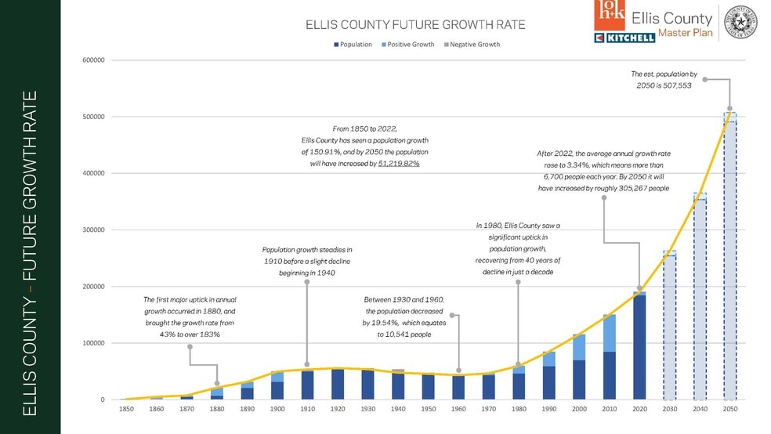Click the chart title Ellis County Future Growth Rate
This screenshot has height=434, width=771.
click(x=414, y=25)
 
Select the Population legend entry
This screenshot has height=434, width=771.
click(x=353, y=45)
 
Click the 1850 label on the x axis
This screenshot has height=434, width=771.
click(x=127, y=410)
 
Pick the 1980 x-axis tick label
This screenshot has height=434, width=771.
click(x=518, y=410)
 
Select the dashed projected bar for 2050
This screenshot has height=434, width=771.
click(x=729, y=259)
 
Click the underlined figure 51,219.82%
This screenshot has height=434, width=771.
click(x=399, y=164)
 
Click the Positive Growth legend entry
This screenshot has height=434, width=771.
click(x=407, y=45)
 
